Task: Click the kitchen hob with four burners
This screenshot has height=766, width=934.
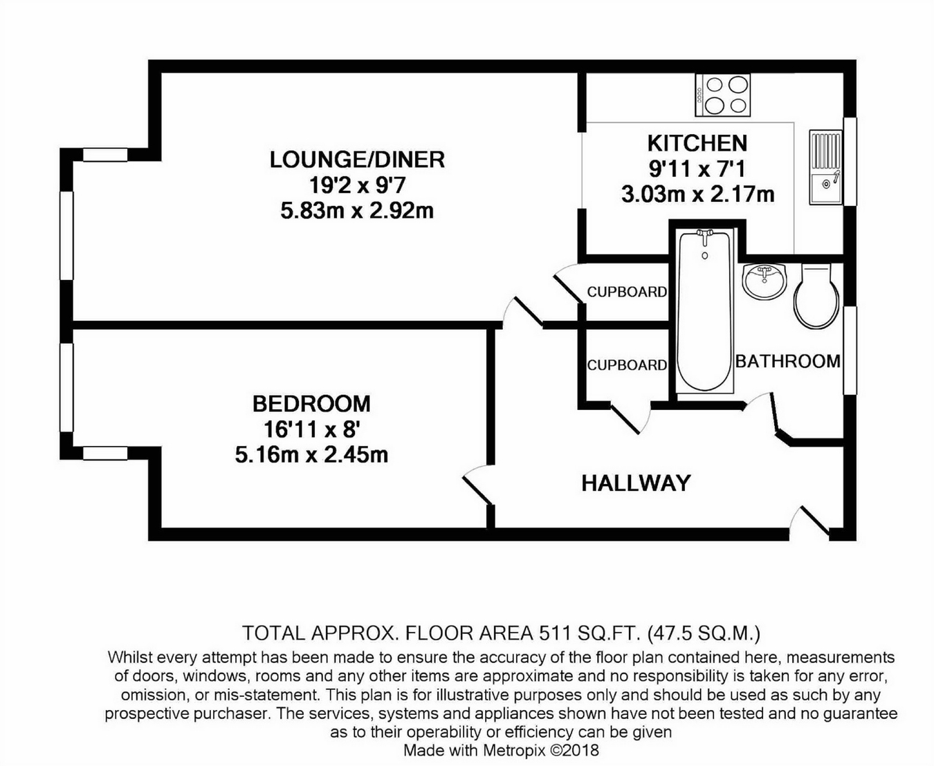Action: [x=723, y=95]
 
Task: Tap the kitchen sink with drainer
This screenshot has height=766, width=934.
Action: [x=826, y=167]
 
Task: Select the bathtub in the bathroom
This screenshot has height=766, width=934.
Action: [x=704, y=310]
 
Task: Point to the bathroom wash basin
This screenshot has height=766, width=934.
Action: [x=764, y=281]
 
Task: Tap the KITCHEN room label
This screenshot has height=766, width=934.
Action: [x=697, y=143]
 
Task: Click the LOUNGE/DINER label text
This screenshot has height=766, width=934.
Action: [x=358, y=160]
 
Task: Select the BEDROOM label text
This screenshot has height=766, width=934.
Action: [x=311, y=404]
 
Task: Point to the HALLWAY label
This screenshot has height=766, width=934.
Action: [x=636, y=483]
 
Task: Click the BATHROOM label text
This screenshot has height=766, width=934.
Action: [x=788, y=362]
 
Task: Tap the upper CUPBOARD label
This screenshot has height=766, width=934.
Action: [x=627, y=292]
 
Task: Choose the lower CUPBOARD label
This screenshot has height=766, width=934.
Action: [x=627, y=365]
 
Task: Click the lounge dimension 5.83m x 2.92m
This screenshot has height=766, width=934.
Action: [x=357, y=211]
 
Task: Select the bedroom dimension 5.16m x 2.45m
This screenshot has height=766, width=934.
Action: [x=311, y=455]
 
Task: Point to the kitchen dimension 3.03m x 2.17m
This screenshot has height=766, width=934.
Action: [x=698, y=194]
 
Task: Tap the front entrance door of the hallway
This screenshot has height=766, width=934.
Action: [x=809, y=523]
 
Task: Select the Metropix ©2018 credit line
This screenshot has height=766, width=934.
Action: [x=502, y=751]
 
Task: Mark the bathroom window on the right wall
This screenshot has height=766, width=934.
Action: [x=850, y=350]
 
